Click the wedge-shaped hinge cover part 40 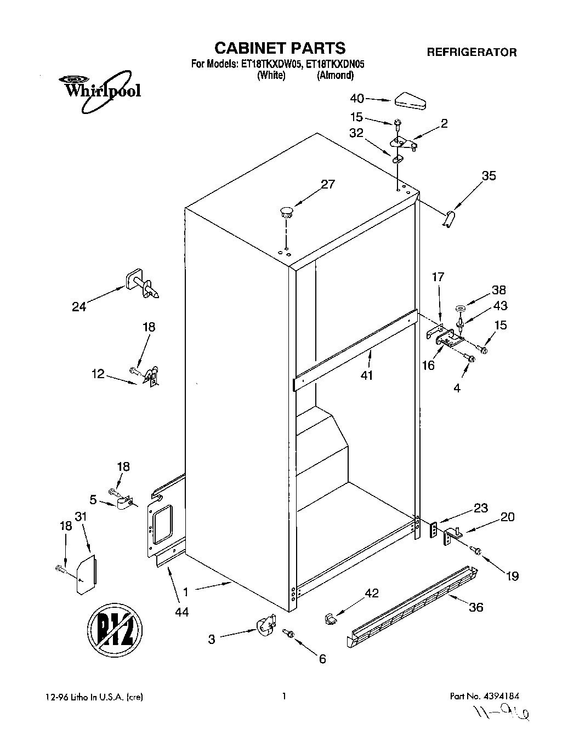pos(411,101)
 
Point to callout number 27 pos(327,184)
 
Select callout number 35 pos(489,176)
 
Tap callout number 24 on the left pos(79,307)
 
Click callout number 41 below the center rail pos(367,375)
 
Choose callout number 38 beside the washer pos(498,290)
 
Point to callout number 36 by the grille pos(476,607)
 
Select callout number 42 pos(372,592)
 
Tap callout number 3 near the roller pos(212,639)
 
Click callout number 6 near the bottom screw pos(322,659)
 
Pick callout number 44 pos(181,612)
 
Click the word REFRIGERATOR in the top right pos(472,53)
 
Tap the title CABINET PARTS pos(279,48)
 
